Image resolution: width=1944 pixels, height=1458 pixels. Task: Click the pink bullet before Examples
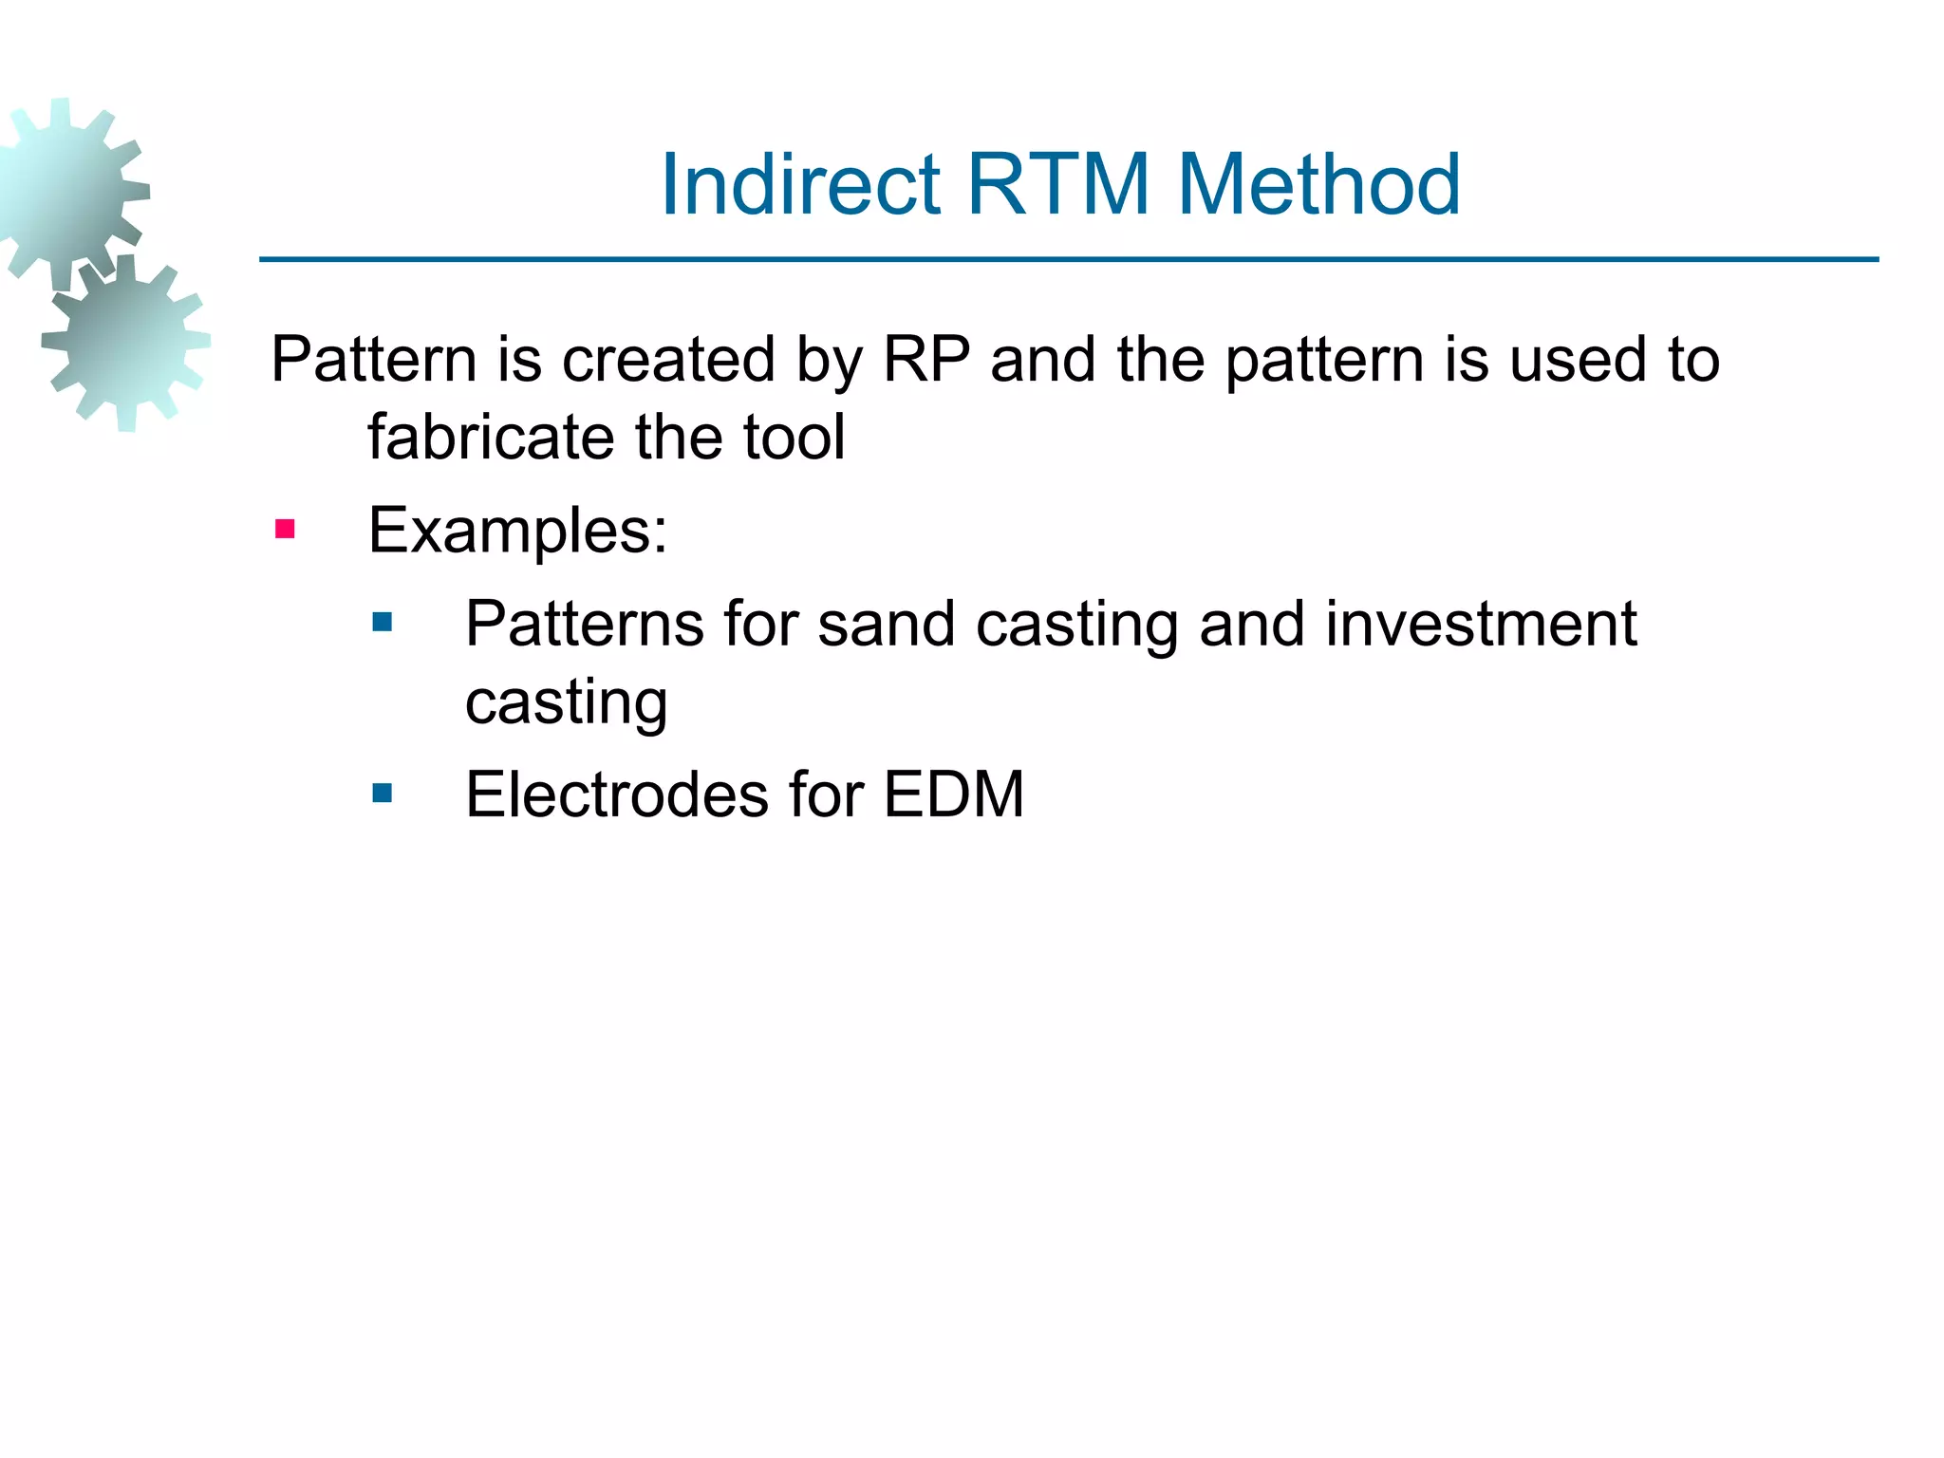[x=285, y=529]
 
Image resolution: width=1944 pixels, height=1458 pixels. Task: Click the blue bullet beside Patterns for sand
[x=383, y=623]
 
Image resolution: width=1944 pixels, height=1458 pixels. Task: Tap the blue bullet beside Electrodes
[x=383, y=793]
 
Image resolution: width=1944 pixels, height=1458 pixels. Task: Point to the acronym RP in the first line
[x=926, y=360]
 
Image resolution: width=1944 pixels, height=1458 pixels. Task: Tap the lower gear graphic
[x=125, y=342]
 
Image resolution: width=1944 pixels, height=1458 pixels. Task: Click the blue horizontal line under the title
[x=1069, y=259]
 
